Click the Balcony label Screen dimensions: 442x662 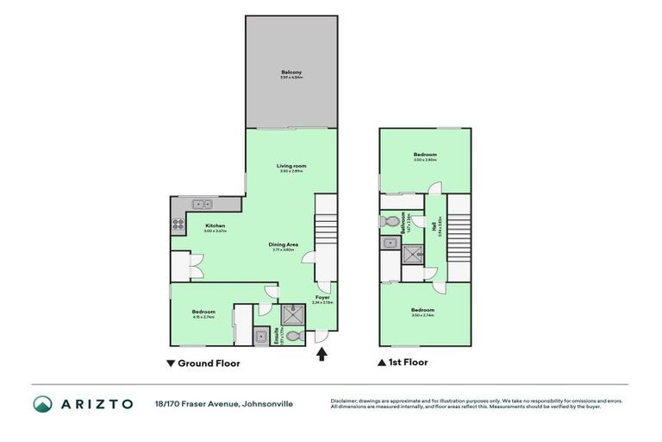tap(291, 72)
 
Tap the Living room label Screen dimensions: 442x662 tap(291, 166)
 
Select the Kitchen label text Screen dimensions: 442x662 tap(190, 226)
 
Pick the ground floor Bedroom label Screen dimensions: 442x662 tap(203, 312)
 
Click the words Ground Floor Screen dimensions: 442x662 tap(209, 363)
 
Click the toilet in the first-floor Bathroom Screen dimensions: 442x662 tap(389, 220)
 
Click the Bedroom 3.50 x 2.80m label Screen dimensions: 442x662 tap(425, 155)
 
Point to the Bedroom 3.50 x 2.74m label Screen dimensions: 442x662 tap(422, 311)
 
